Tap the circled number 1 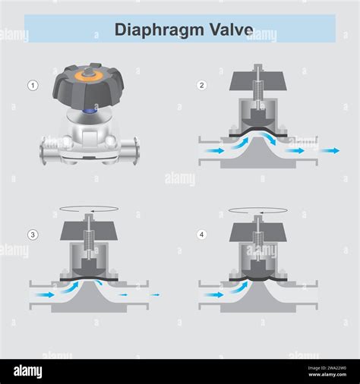[x=33, y=86]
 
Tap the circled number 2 [x=201, y=85]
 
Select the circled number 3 [x=33, y=234]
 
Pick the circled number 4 [x=201, y=234]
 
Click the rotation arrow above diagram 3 [x=89, y=209]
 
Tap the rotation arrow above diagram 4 [x=258, y=209]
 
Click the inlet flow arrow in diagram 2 [x=215, y=151]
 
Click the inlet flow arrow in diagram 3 [x=46, y=294]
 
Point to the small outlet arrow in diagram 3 [x=155, y=294]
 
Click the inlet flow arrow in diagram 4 [x=215, y=294]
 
